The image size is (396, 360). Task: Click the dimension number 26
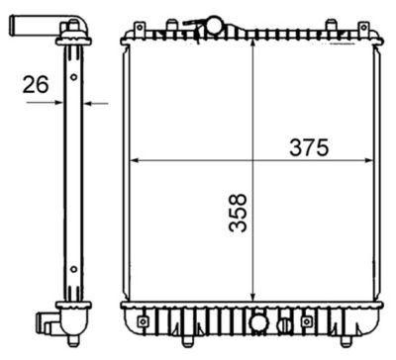36,86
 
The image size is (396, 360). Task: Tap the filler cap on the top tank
213,24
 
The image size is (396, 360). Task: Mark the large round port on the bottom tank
258,322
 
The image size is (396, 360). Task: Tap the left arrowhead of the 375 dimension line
134,161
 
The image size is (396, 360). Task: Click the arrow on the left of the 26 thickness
60,102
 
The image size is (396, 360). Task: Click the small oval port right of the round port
284,323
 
